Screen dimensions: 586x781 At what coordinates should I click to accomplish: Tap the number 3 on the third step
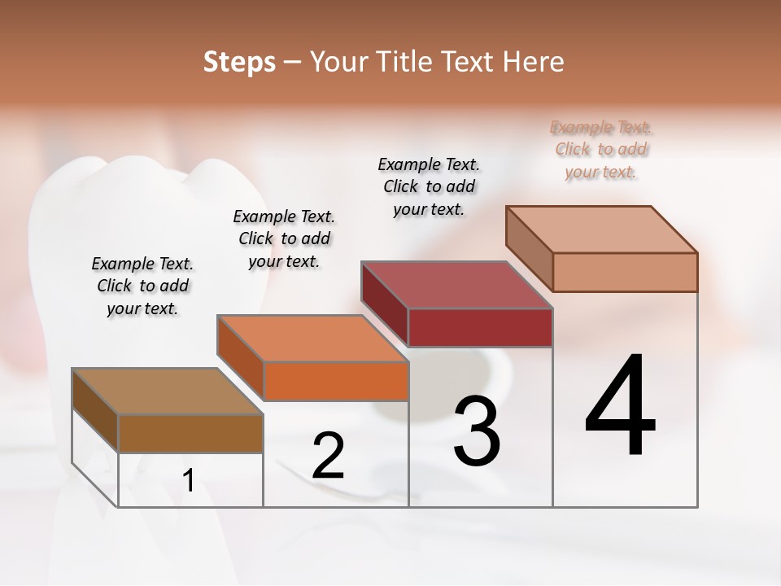point(477,431)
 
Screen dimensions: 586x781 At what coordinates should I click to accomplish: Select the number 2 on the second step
point(328,456)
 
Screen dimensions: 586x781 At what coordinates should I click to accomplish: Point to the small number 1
point(189,480)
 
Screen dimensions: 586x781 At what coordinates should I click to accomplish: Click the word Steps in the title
point(239,62)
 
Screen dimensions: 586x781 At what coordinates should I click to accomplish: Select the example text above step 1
point(142,286)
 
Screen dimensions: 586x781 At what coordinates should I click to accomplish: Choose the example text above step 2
point(284,238)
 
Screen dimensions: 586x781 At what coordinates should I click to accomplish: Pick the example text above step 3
point(429,186)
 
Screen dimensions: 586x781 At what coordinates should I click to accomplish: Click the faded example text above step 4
point(601,149)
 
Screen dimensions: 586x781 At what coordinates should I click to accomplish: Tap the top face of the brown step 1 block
point(168,391)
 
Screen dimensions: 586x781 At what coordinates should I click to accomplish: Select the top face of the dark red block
point(457,285)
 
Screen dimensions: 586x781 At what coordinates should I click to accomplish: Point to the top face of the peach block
point(602,230)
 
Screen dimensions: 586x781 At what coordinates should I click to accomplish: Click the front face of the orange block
point(336,381)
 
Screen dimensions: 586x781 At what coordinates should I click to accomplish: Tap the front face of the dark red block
point(480,327)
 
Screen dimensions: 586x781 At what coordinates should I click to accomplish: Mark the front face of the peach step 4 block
point(625,272)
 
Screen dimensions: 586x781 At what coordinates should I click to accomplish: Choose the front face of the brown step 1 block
point(190,433)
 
